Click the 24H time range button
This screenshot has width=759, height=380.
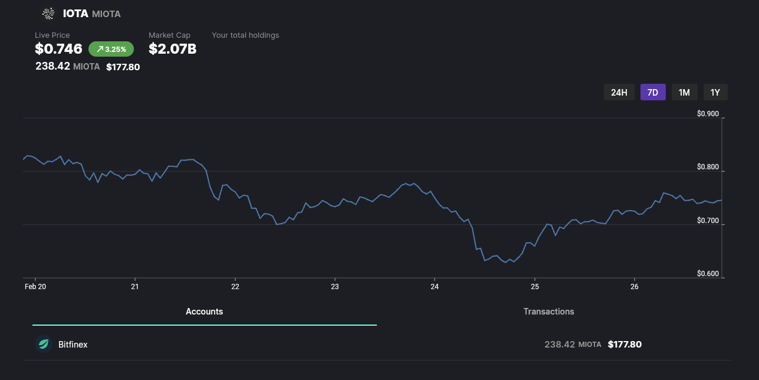coord(619,92)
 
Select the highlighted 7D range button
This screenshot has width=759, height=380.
coord(653,92)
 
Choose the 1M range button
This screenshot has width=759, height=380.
coord(684,92)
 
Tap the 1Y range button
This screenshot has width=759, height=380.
coord(715,92)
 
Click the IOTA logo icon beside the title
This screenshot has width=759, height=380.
coord(48,14)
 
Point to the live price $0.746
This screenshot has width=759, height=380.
coord(58,49)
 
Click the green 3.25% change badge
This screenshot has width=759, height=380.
coord(111,49)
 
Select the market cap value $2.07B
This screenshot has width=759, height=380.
coord(172,49)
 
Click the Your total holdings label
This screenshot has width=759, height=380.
coord(245,35)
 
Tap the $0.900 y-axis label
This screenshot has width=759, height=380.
coord(708,114)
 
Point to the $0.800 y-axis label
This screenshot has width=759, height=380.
coord(708,168)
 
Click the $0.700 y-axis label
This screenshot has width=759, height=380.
coord(708,221)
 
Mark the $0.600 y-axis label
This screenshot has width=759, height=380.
coord(708,274)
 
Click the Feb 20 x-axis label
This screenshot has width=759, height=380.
coord(35,286)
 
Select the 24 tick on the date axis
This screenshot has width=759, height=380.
coord(435,286)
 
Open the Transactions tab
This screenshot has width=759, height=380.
coord(548,312)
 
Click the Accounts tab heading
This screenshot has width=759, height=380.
coord(204,312)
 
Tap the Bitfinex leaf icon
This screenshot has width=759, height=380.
coord(44,344)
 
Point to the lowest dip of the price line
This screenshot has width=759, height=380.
coord(505,263)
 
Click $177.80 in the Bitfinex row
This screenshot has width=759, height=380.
coord(625,344)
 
